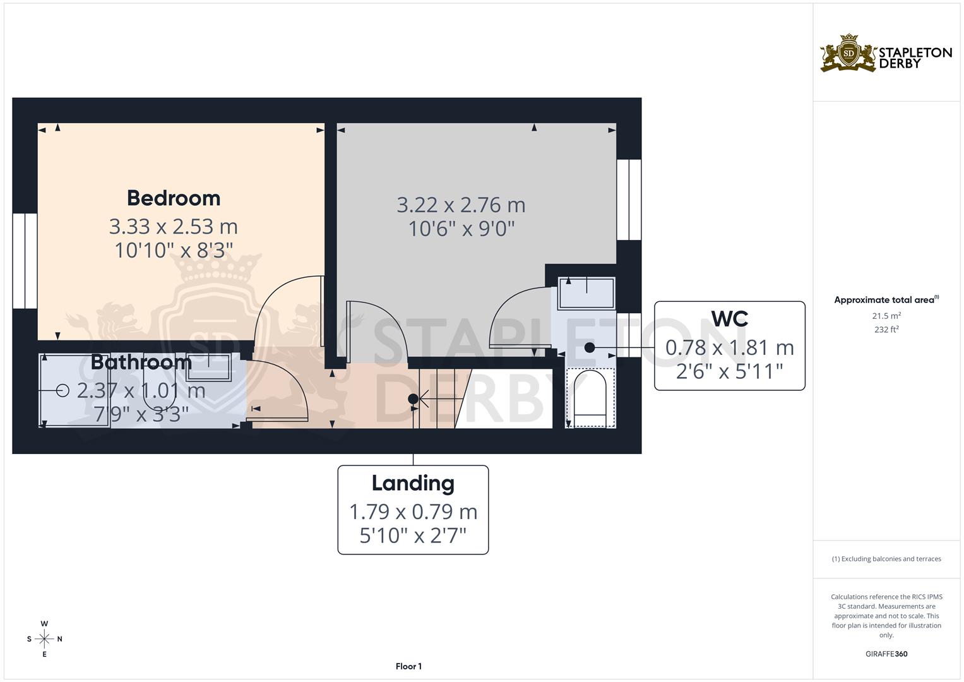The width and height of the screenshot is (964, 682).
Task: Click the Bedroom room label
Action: click(174, 198)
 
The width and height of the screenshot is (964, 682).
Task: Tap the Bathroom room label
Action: click(141, 362)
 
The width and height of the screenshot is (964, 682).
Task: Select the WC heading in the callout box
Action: click(729, 319)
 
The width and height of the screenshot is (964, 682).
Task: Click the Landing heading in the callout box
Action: click(413, 483)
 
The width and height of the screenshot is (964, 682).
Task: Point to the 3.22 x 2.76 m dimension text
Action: click(461, 205)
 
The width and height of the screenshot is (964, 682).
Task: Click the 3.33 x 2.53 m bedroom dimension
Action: click(174, 226)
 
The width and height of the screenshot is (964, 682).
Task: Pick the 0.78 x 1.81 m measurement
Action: click(729, 347)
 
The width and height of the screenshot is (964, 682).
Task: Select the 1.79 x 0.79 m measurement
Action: click(413, 512)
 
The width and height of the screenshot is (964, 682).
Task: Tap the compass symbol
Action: click(44, 639)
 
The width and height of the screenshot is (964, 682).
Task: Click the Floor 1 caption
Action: click(408, 666)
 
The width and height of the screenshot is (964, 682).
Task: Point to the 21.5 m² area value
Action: click(886, 316)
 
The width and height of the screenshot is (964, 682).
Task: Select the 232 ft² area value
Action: click(886, 330)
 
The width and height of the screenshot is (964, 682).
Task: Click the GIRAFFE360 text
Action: click(886, 654)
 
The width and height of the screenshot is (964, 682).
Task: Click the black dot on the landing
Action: click(413, 398)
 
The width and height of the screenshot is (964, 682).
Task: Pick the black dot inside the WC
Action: click(590, 347)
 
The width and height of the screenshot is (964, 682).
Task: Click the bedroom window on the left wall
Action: click(25, 261)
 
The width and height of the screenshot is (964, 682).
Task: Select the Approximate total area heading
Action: click(886, 300)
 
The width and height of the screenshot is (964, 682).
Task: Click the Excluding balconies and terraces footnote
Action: click(886, 559)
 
